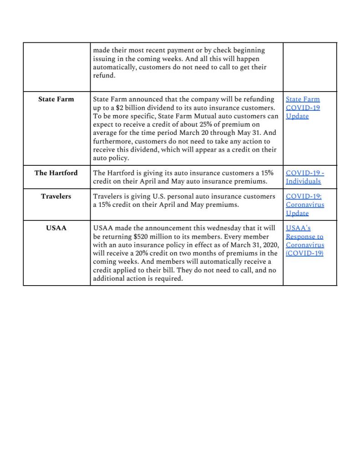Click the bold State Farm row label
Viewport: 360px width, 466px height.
56,99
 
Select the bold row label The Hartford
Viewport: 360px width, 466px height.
56,173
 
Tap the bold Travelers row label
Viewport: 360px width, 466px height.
56,196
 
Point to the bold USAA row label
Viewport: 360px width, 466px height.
56,228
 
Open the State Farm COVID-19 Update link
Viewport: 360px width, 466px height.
303,108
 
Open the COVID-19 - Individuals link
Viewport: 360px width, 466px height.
304,177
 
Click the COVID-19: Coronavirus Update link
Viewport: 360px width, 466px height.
304,205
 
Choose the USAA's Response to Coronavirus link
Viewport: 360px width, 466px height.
304,241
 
